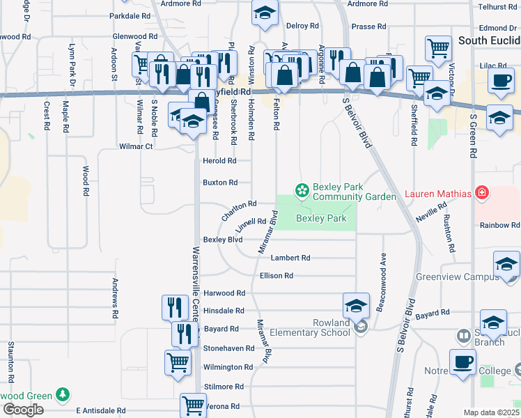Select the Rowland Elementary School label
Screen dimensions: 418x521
pyautogui.click(x=311, y=327)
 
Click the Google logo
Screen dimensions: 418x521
pyautogui.click(x=23, y=410)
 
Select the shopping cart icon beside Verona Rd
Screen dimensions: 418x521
pyautogui.click(x=192, y=404)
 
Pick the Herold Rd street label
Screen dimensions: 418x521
pyautogui.click(x=219, y=161)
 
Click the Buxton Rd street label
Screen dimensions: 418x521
pyautogui.click(x=220, y=183)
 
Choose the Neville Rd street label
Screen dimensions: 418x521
pyautogui.click(x=432, y=212)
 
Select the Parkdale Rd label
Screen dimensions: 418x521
pyautogui.click(x=130, y=15)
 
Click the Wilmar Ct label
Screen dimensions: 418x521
pyautogui.click(x=136, y=147)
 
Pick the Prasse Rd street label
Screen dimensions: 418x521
pyautogui.click(x=368, y=27)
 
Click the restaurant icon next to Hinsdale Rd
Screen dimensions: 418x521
pyautogui.click(x=174, y=307)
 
